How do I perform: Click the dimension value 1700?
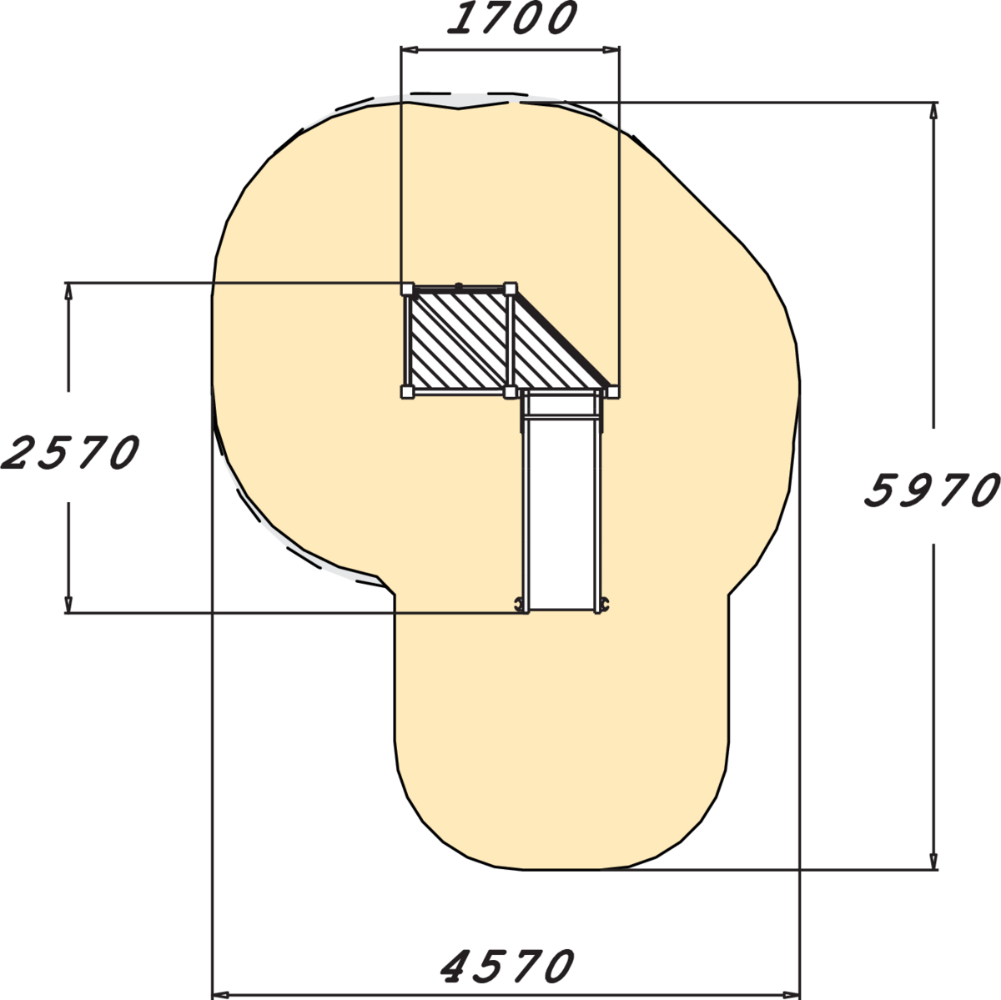(x=512, y=18)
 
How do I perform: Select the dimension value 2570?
(x=70, y=452)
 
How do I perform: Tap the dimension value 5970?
(x=933, y=490)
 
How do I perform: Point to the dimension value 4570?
(x=507, y=967)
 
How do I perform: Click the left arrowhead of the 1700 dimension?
(x=409, y=50)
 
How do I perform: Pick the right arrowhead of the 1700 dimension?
(x=611, y=50)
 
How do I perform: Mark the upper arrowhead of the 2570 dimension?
(x=68, y=292)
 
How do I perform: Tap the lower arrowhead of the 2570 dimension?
(x=68, y=604)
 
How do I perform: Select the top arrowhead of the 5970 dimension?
(x=933, y=112)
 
